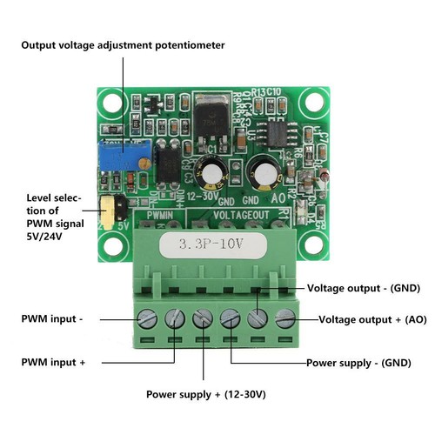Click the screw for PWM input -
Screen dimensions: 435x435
[x=147, y=319]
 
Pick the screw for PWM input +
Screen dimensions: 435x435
[x=174, y=319]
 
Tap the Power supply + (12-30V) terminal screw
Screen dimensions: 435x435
[x=202, y=319]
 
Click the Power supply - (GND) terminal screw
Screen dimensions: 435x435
[x=230, y=319]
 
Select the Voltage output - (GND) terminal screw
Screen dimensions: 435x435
[x=258, y=319]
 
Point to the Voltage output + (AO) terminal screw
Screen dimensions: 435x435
[x=285, y=319]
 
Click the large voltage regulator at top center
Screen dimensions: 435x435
[x=210, y=116]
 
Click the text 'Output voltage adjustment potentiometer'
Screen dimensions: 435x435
[x=123, y=44]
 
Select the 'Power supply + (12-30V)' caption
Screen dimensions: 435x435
[x=205, y=395]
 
